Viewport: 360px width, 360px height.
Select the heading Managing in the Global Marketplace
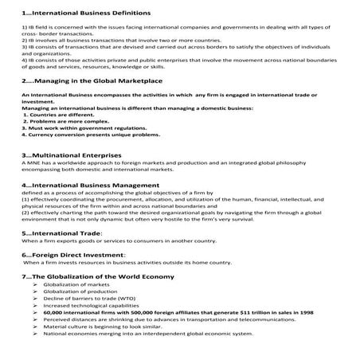click(x=88, y=81)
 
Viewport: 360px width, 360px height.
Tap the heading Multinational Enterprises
click(x=72, y=155)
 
